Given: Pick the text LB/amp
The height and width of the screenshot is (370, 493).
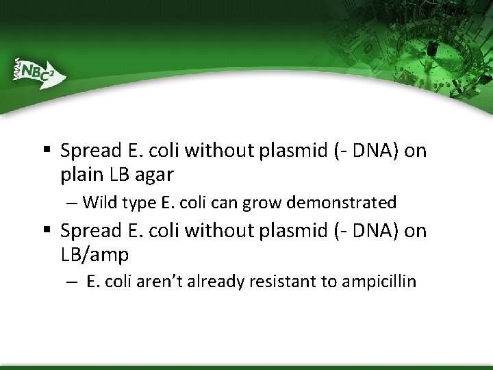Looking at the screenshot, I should [x=94, y=256].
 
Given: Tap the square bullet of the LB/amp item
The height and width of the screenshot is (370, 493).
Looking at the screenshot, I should [x=45, y=231].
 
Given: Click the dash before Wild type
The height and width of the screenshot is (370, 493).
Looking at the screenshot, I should [x=73, y=203].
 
